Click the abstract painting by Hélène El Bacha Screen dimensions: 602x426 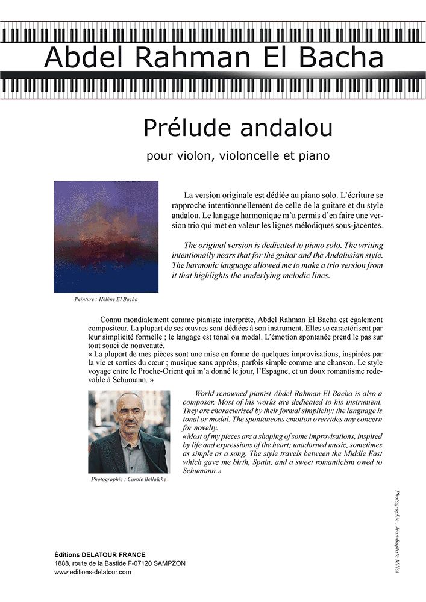(106, 237)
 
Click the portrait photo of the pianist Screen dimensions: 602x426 (128, 432)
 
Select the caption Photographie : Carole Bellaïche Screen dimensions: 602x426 (128, 480)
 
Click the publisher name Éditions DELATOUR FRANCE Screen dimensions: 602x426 (99, 554)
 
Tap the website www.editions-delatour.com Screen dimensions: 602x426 (92, 572)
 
